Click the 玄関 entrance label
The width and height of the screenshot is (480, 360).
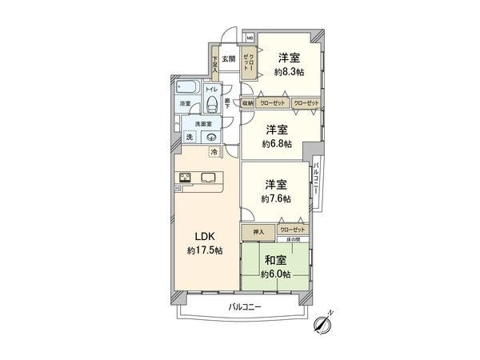(x=228, y=58)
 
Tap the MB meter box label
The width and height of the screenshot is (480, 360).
(x=248, y=37)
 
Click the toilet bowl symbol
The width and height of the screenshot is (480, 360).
(x=211, y=102)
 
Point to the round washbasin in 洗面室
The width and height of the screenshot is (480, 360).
(x=210, y=137)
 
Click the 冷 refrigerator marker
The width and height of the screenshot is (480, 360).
(x=214, y=151)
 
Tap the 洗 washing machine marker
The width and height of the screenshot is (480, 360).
(x=190, y=137)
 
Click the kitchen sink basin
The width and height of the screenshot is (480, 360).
(x=209, y=178)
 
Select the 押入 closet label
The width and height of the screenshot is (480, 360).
(x=258, y=231)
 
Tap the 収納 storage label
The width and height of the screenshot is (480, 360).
(x=248, y=103)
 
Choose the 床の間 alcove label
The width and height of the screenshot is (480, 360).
(x=293, y=239)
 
